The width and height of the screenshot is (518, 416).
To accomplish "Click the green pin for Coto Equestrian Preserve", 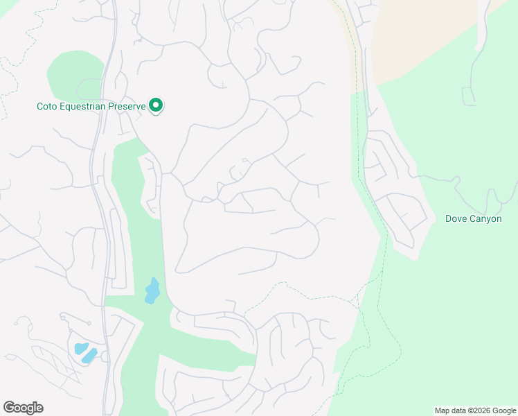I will [x=157, y=105].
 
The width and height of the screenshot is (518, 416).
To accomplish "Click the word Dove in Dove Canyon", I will [x=456, y=219].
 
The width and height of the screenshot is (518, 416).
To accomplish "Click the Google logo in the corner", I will [x=23, y=408].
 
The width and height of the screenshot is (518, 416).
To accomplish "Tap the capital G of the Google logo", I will [x=9, y=407].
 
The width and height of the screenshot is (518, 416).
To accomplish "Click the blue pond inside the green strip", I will [x=152, y=291].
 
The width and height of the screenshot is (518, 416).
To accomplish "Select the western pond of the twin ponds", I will [x=79, y=348].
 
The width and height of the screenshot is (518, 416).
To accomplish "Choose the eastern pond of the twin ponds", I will [x=89, y=356].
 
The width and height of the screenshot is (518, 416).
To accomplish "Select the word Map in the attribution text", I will [x=443, y=410].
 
